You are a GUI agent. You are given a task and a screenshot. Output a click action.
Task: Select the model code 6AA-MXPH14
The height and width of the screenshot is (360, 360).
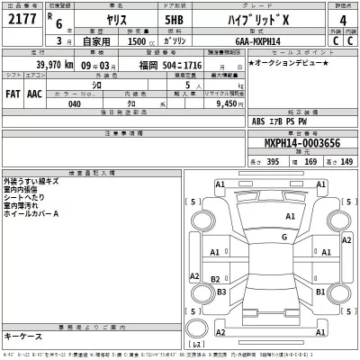(261, 40)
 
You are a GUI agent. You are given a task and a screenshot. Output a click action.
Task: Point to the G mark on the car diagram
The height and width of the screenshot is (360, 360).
(283, 237)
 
